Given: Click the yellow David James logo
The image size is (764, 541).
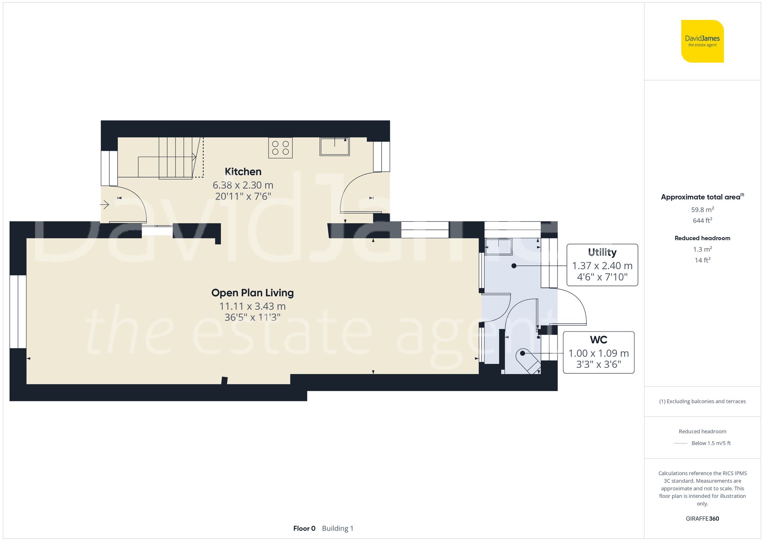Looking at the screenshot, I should click(x=702, y=41).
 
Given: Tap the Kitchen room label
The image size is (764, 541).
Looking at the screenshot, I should click(x=243, y=172).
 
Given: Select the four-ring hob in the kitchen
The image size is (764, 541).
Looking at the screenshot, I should click(x=280, y=148).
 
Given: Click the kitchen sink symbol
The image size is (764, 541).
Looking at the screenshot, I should click(x=334, y=147).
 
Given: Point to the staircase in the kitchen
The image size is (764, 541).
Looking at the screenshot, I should click(x=175, y=158).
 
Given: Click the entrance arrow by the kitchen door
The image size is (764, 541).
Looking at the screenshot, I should click(x=105, y=205).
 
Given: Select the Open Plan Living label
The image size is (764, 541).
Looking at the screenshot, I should click(x=253, y=293).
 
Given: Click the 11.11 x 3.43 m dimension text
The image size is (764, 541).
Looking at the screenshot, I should click(x=253, y=306).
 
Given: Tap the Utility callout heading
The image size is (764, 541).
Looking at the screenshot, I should click(x=602, y=252).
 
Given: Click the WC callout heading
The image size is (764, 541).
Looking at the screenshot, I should click(x=598, y=340).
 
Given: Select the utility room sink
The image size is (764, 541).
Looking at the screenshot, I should click(x=499, y=247).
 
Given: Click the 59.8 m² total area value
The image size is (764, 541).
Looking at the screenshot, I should click(x=702, y=210).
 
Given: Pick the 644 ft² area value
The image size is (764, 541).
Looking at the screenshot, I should click(x=702, y=221).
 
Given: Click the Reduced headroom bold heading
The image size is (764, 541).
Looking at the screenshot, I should click(x=702, y=238).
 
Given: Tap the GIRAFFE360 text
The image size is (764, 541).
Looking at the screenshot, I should click(x=702, y=519).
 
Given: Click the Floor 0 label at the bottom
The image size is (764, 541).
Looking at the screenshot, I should click(x=304, y=528).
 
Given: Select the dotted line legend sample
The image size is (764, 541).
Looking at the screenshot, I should click(x=681, y=444).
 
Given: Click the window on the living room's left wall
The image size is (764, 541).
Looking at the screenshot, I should click(x=18, y=312).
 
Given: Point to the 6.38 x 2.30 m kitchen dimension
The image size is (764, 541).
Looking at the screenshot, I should click(x=243, y=185).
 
